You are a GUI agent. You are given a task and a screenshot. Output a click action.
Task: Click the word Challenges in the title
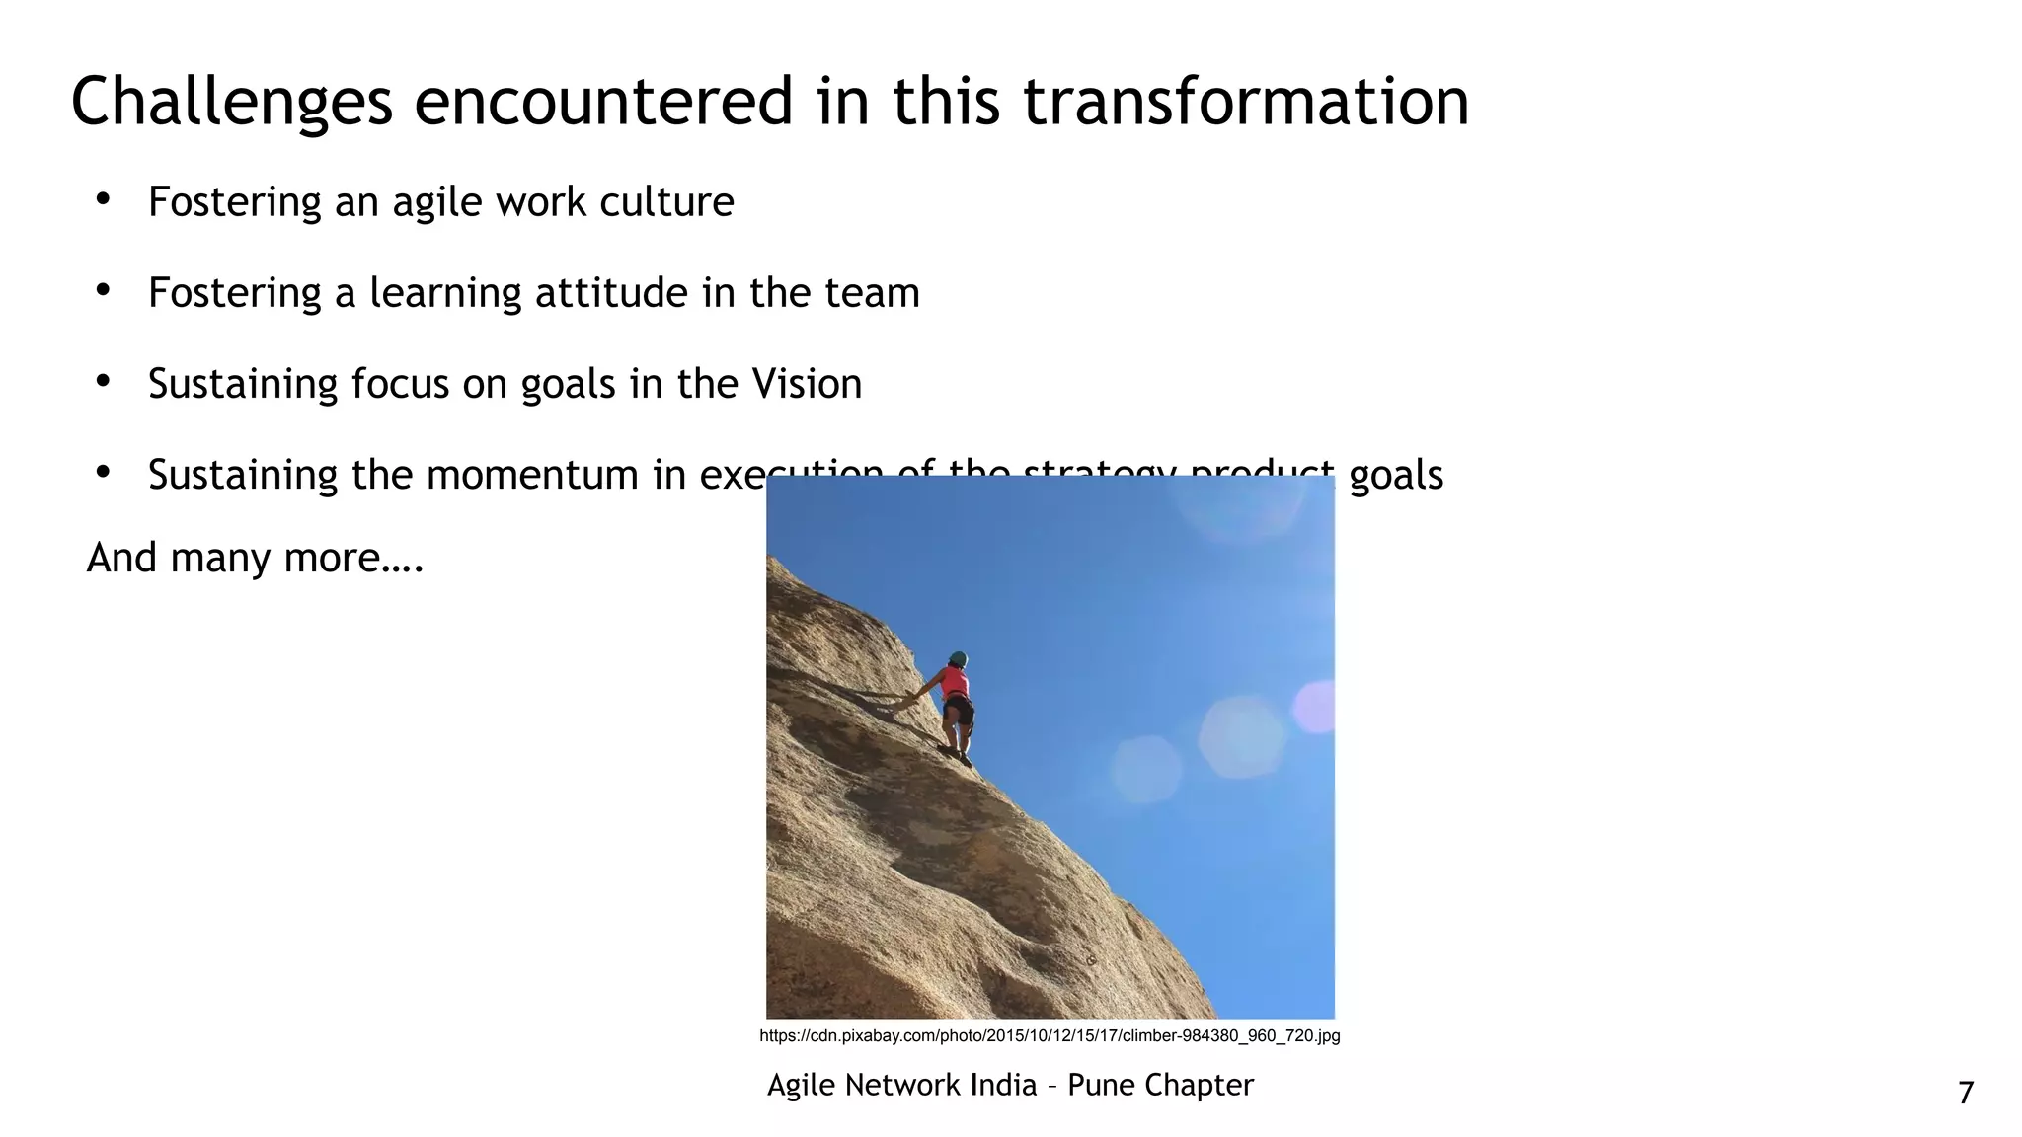[x=232, y=103]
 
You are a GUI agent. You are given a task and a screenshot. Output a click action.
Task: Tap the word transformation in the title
[x=1245, y=103]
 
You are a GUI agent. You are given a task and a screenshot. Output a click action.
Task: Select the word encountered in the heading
[x=603, y=103]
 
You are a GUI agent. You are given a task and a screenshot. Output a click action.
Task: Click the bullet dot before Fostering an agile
[x=103, y=200]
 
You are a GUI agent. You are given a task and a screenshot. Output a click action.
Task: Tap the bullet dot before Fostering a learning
[x=103, y=291]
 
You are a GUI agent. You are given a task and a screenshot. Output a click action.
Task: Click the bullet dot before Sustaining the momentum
[x=103, y=473]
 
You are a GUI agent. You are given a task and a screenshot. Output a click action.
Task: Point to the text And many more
[x=255, y=558]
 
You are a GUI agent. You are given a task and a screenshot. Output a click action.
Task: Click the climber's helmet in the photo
[x=958, y=658]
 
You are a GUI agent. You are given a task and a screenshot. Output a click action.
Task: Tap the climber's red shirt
[x=954, y=683]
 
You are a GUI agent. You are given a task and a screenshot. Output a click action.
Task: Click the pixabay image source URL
[x=1050, y=1035]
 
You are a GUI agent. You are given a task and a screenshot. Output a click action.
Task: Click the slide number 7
[x=1965, y=1093]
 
